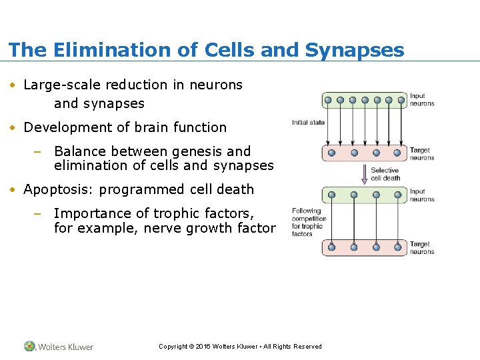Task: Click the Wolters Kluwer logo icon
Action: [x=30, y=346]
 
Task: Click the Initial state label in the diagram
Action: [x=308, y=123]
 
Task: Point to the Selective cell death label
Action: [x=385, y=174]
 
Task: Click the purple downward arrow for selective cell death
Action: [x=364, y=174]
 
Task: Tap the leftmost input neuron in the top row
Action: [x=327, y=101]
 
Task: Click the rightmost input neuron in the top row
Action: [x=401, y=101]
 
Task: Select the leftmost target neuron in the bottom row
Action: [x=331, y=247]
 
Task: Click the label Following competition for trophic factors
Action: [x=308, y=223]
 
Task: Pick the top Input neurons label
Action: [x=422, y=100]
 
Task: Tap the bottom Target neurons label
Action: [x=422, y=248]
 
